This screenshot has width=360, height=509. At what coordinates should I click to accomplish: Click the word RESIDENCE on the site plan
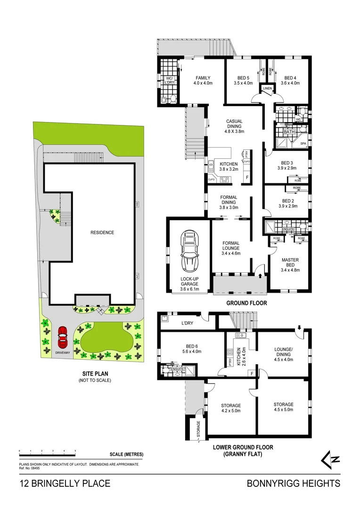click(102, 232)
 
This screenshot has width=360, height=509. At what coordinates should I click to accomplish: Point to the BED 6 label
click(191, 348)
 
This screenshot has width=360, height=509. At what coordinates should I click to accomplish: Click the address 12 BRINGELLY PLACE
click(65, 483)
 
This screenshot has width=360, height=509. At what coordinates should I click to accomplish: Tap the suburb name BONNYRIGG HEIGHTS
click(293, 483)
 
